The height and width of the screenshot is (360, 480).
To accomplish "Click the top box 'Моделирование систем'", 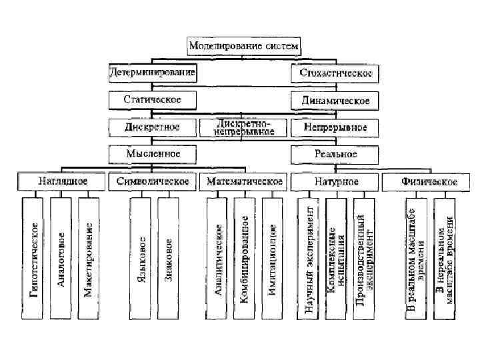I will [x=245, y=47].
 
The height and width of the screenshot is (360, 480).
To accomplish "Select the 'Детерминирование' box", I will [x=153, y=72].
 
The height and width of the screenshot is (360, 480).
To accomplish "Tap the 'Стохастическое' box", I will [x=331, y=72].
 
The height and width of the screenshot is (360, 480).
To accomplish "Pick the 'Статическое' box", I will [x=153, y=100].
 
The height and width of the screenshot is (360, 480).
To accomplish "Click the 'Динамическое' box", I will [x=331, y=101].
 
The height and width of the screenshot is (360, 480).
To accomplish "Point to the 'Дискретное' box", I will [x=153, y=126].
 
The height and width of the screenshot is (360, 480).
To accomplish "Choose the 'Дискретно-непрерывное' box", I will [x=245, y=127].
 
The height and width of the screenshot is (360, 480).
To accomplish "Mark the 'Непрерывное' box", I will [x=331, y=126].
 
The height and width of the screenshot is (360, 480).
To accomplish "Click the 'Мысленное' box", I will [x=153, y=154].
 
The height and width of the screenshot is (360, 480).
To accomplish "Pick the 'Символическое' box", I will [x=153, y=181].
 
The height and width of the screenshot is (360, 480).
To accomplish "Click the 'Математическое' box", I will [x=244, y=181].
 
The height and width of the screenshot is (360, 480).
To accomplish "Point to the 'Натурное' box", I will [x=335, y=181].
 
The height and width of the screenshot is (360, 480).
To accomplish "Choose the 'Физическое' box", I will [x=428, y=181].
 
